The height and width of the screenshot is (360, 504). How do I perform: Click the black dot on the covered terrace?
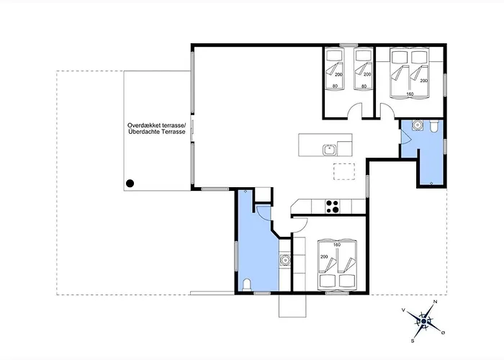(x=130, y=184)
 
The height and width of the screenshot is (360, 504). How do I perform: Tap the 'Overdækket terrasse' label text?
(x=156, y=125)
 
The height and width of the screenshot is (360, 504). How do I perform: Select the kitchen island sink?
(x=330, y=150)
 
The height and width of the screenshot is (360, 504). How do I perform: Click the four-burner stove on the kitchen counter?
(x=332, y=207)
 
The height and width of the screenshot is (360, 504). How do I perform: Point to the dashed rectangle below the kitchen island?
(x=344, y=171)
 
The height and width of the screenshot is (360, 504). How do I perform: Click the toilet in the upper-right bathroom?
(x=433, y=127)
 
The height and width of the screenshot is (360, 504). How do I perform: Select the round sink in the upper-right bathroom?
(x=417, y=125)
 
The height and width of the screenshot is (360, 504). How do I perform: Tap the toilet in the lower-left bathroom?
(x=247, y=285)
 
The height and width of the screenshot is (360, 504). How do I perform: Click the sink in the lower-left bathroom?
(x=285, y=259)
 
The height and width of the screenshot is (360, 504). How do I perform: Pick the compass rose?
(x=424, y=321)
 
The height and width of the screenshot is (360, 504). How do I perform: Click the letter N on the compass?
(x=436, y=302)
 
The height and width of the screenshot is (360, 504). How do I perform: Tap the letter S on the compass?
(x=413, y=341)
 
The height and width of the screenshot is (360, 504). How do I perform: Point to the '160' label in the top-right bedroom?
(x=410, y=94)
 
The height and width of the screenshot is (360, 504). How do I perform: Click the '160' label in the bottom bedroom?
(x=336, y=245)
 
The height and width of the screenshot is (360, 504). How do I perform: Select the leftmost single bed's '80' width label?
(x=336, y=86)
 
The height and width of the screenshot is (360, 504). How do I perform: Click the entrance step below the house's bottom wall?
(x=292, y=306)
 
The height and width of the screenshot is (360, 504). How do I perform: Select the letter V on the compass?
(x=403, y=310)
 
